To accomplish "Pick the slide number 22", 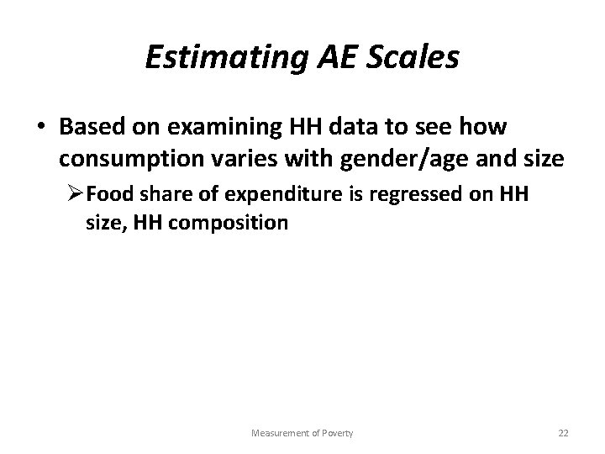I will coord(564,433).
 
